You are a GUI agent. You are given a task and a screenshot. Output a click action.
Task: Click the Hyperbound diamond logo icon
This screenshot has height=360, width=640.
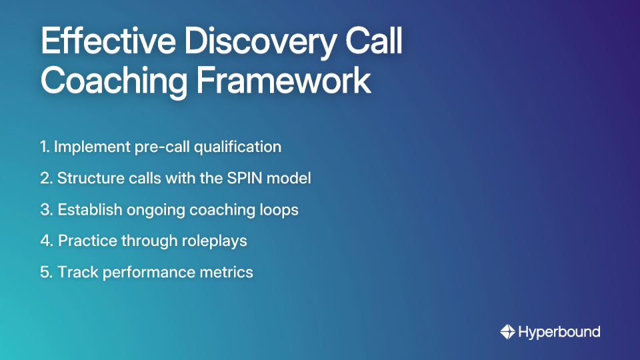click(507, 331)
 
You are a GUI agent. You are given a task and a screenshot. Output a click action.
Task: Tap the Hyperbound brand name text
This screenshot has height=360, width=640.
click(559, 331)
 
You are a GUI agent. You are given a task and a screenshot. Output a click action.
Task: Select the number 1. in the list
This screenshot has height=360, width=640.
click(45, 147)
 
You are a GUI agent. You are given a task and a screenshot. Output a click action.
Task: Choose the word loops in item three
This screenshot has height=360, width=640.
click(280, 209)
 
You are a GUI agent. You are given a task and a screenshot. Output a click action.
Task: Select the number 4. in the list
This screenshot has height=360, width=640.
click(47, 241)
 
